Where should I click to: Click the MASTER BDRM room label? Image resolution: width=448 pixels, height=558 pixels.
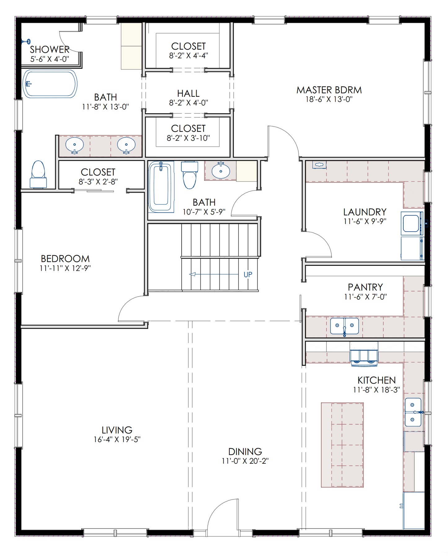tap(329, 90)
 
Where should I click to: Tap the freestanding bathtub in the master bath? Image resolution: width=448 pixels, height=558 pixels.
tap(50, 84)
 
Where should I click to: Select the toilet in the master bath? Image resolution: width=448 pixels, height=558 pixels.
tap(38, 175)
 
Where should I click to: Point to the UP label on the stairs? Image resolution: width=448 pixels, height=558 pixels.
tap(248, 275)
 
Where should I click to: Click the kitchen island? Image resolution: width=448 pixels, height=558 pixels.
tap(342, 445)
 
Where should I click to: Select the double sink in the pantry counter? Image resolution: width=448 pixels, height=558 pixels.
tap(344, 326)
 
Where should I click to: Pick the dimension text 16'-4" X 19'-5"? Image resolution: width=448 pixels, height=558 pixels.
tap(117, 439)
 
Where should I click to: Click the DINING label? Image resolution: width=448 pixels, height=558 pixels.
tap(245, 451)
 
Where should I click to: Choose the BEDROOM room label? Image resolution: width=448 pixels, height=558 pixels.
tap(65, 258)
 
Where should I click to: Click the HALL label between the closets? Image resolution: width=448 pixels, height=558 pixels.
tap(188, 93)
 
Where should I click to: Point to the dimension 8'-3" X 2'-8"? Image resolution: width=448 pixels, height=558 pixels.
tap(98, 181)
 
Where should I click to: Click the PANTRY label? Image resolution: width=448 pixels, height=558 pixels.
tap(365, 287)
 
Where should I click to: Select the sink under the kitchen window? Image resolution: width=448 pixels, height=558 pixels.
tap(413, 412)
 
